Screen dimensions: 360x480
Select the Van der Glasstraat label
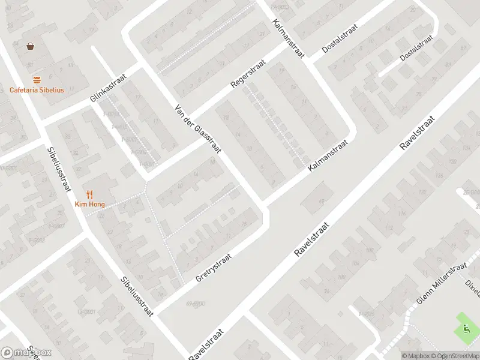[x=198, y=130]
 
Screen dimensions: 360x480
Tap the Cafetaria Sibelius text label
[x=37, y=91]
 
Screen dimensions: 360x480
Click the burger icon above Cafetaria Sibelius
[x=37, y=80]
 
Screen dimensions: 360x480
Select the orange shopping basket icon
[x=30, y=46]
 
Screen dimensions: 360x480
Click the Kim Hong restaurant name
[x=89, y=205]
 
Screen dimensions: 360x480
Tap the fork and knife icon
[x=90, y=194]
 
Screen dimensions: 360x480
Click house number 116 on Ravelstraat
[x=402, y=213]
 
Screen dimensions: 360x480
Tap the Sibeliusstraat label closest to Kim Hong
[x=57, y=169]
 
